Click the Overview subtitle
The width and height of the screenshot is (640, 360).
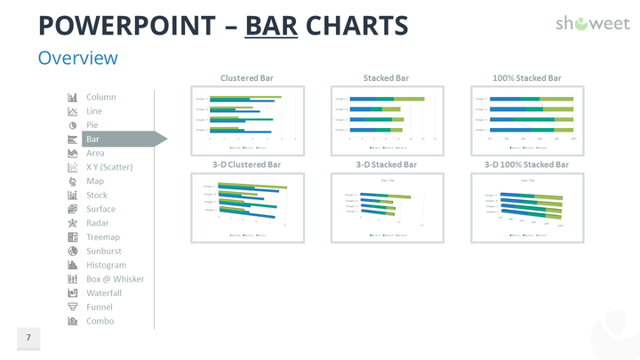point(77,58)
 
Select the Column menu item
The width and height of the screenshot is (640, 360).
point(100,97)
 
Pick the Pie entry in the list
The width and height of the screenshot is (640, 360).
point(92,125)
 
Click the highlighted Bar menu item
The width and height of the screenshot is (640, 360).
point(93,139)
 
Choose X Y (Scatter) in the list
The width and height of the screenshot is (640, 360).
point(111,167)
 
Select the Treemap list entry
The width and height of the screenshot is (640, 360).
point(102,237)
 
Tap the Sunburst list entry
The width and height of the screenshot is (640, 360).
point(104,252)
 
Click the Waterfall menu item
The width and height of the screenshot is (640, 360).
point(104,293)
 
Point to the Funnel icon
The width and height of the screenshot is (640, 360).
point(73,308)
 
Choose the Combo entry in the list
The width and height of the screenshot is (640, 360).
point(100,321)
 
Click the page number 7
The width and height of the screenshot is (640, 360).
point(28,338)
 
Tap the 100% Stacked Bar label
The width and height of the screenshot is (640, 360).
point(526,77)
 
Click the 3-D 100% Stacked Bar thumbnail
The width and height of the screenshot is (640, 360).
point(526,207)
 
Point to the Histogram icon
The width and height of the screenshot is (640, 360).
point(73,265)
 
